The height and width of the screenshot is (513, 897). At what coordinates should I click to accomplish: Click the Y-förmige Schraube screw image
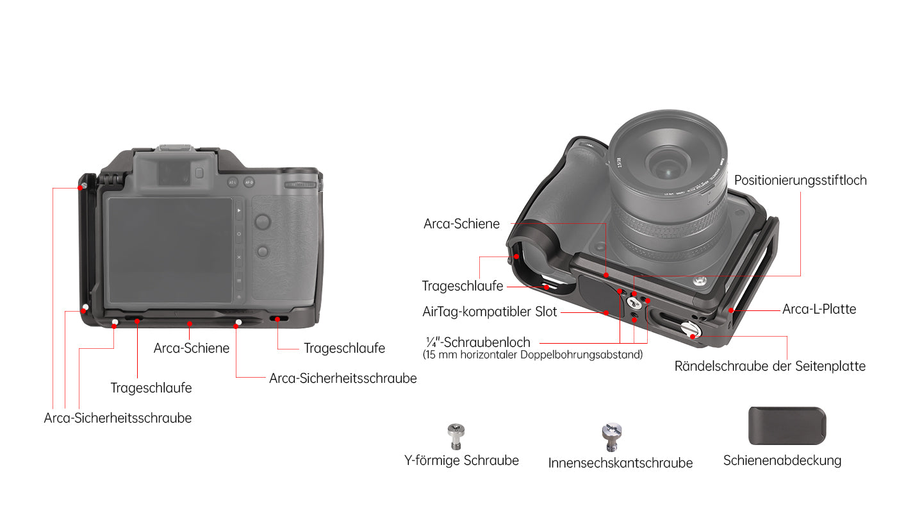click(456, 437)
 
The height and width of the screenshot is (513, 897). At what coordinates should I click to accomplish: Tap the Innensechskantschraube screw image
click(611, 437)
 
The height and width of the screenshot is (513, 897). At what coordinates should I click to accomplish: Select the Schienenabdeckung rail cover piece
click(787, 426)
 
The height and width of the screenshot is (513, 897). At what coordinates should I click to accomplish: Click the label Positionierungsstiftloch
click(800, 180)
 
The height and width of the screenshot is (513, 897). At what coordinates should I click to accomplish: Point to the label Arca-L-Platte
click(819, 309)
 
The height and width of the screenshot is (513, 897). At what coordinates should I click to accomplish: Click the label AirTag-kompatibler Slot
click(490, 312)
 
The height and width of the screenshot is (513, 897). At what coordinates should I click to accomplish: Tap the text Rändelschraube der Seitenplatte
click(769, 366)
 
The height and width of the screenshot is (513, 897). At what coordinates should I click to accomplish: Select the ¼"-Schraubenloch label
click(478, 342)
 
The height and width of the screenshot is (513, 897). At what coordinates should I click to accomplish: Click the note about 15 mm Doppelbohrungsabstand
click(532, 355)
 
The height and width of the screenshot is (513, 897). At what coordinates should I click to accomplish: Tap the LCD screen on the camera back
click(170, 250)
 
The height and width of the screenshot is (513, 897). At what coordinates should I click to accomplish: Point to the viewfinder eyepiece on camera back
click(174, 174)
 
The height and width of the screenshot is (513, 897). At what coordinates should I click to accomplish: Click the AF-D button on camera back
click(249, 182)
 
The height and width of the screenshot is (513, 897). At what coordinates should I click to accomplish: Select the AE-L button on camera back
click(232, 182)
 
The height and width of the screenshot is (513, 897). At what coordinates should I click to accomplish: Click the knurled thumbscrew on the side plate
click(691, 330)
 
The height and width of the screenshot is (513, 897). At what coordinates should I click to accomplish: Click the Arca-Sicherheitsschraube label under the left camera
click(118, 418)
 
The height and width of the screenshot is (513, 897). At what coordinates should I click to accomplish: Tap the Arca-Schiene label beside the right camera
click(461, 224)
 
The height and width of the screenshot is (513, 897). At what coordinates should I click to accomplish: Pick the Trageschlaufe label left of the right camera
click(463, 286)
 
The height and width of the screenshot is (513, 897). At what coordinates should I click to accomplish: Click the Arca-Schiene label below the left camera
click(192, 348)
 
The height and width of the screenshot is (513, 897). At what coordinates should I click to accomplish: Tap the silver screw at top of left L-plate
click(84, 186)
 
